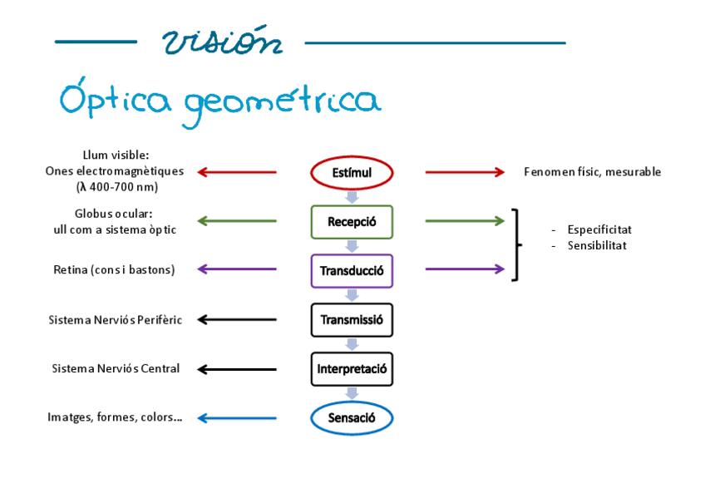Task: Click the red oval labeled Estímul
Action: pos(352,173)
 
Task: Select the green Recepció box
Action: pos(352,222)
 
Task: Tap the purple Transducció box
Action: pos(352,270)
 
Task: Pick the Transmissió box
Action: pos(352,319)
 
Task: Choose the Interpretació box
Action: pos(352,368)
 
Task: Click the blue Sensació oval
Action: pos(352,417)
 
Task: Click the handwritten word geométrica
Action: pos(282,102)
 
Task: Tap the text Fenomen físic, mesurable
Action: pos(592,172)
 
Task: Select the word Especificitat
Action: pos(599,229)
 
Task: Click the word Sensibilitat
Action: pos(597,245)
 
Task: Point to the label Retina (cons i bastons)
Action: pos(114,269)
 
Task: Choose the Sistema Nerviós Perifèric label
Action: pos(116,319)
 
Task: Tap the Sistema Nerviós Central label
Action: pos(116,368)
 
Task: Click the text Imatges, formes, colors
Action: pos(115,417)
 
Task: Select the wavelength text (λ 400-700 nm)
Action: pos(116,187)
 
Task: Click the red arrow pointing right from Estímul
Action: pos(465,172)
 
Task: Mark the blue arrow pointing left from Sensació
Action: pos(237,417)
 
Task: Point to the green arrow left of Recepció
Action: pos(237,221)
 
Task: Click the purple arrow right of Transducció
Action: pos(465,269)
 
